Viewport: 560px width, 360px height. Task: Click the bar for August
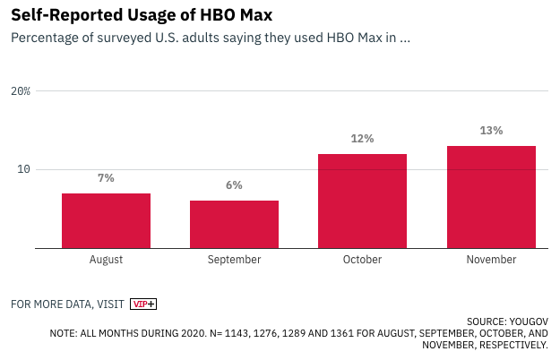pyautogui.click(x=106, y=220)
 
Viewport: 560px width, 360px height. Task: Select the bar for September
pyautogui.click(x=234, y=224)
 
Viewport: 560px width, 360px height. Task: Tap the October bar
pyautogui.click(x=362, y=201)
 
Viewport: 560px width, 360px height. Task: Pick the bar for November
pyautogui.click(x=491, y=196)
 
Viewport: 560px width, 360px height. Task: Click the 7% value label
pyautogui.click(x=106, y=178)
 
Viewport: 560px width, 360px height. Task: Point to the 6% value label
pyautogui.click(x=234, y=185)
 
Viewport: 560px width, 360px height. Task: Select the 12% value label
pyautogui.click(x=362, y=139)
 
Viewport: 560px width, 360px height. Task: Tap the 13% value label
pyautogui.click(x=491, y=131)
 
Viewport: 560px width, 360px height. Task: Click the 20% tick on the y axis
pyautogui.click(x=21, y=91)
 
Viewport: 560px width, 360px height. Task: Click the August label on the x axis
pyautogui.click(x=106, y=260)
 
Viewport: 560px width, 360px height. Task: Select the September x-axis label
pyautogui.click(x=234, y=260)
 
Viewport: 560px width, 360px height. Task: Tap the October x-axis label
pyautogui.click(x=362, y=260)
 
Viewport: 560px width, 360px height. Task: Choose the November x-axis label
pyautogui.click(x=491, y=260)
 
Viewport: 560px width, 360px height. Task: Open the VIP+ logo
pyautogui.click(x=143, y=304)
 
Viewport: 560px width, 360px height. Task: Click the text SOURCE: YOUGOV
pyautogui.click(x=507, y=321)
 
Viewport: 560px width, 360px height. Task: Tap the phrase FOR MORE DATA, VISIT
pyautogui.click(x=67, y=304)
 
